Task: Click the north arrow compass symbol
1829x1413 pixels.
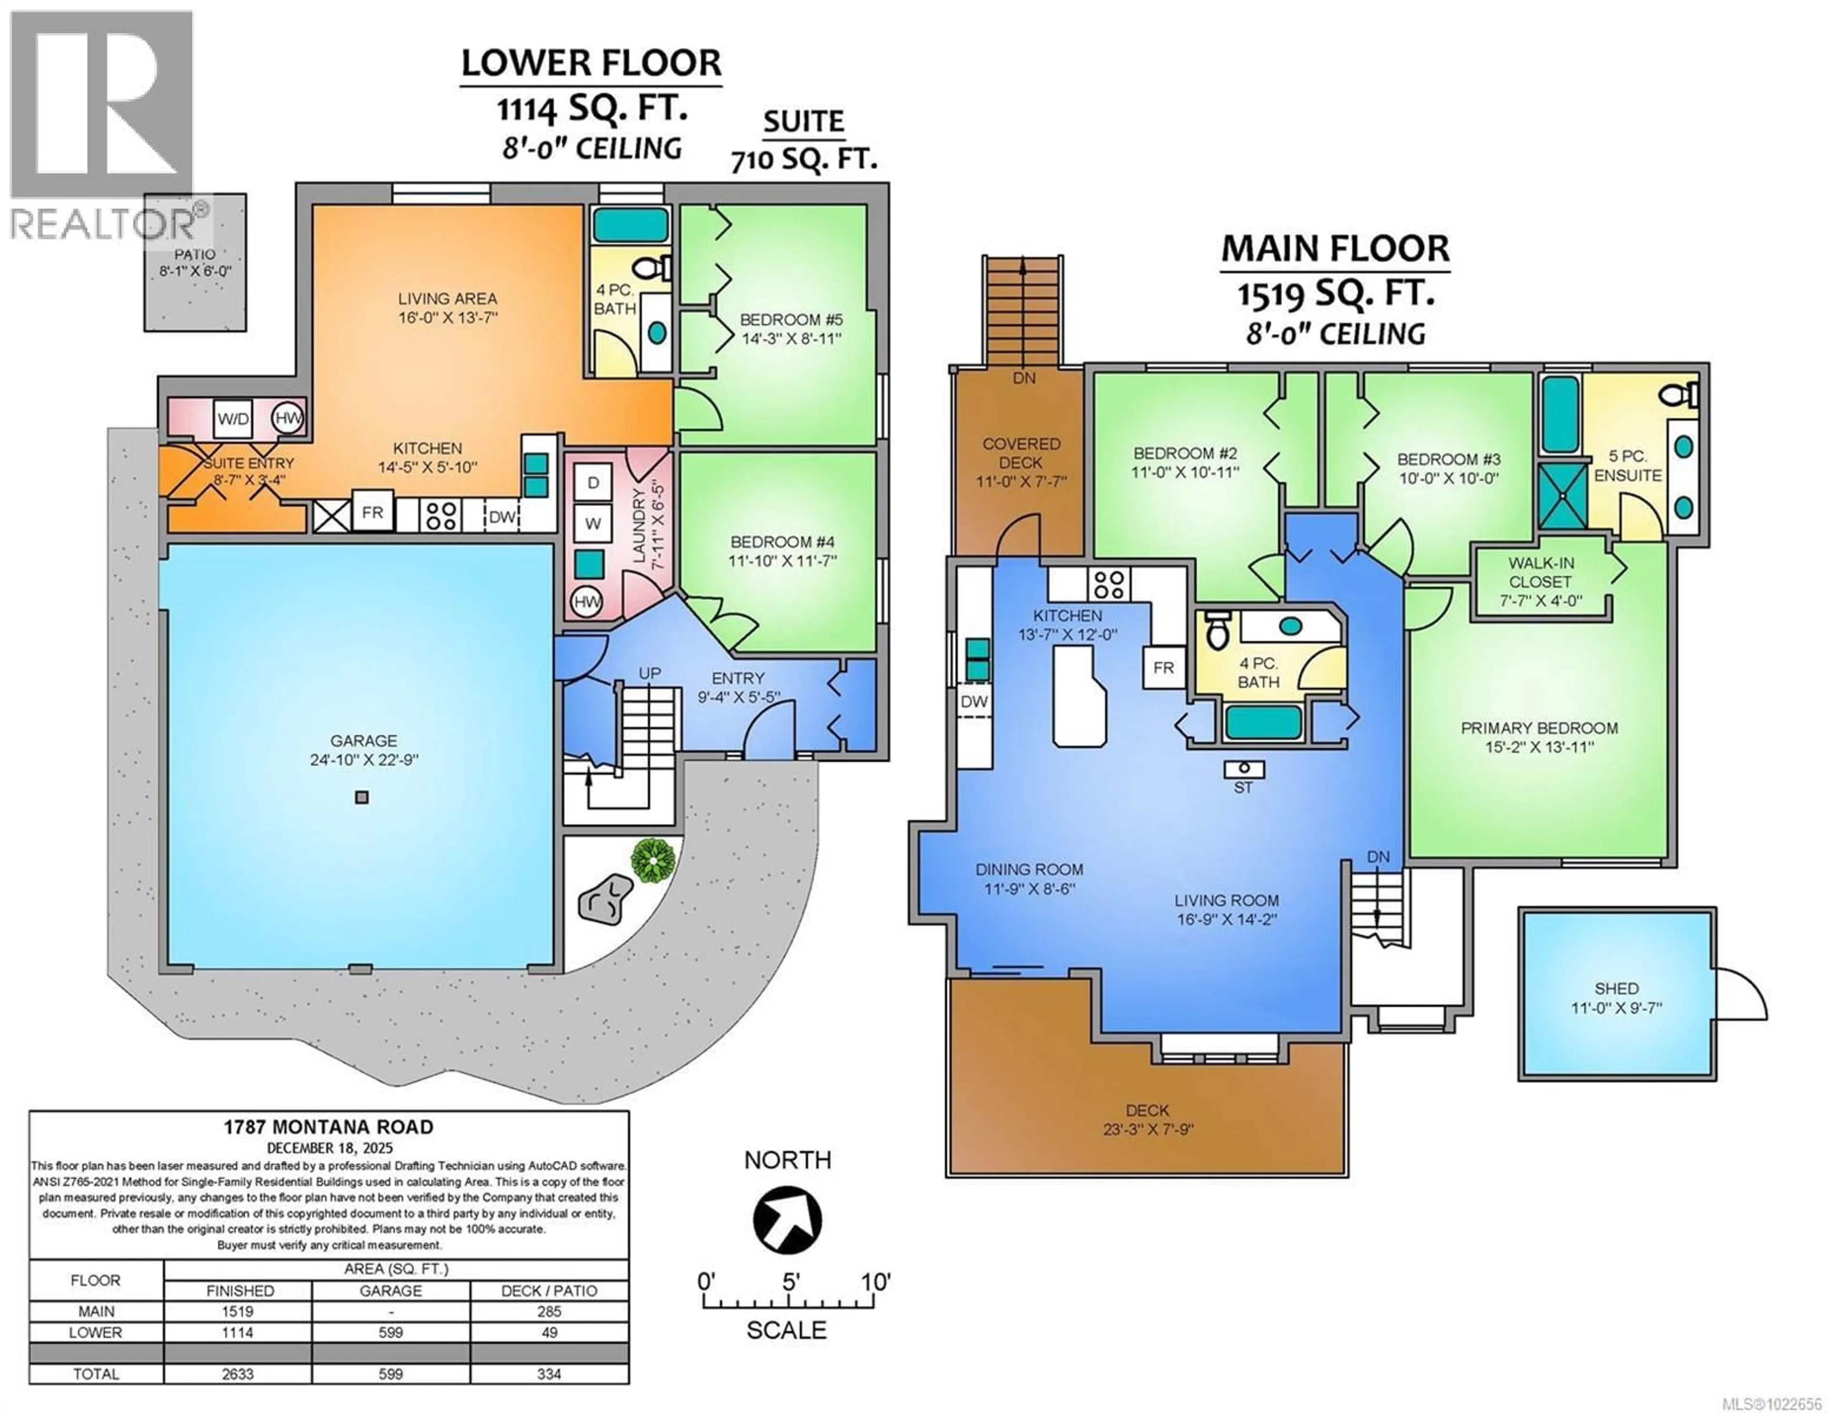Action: pos(787,1220)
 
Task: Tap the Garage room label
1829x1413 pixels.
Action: pos(363,741)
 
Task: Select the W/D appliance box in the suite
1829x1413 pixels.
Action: pos(233,419)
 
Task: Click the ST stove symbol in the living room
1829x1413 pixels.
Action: pos(1244,769)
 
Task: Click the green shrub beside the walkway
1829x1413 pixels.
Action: pos(653,859)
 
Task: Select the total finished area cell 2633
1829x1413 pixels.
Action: pos(238,1373)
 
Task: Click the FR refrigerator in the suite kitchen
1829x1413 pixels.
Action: pos(372,512)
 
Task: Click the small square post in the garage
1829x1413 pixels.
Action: pos(362,797)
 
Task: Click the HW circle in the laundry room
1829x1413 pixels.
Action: pos(587,601)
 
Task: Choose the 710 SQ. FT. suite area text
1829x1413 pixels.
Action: pos(804,159)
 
